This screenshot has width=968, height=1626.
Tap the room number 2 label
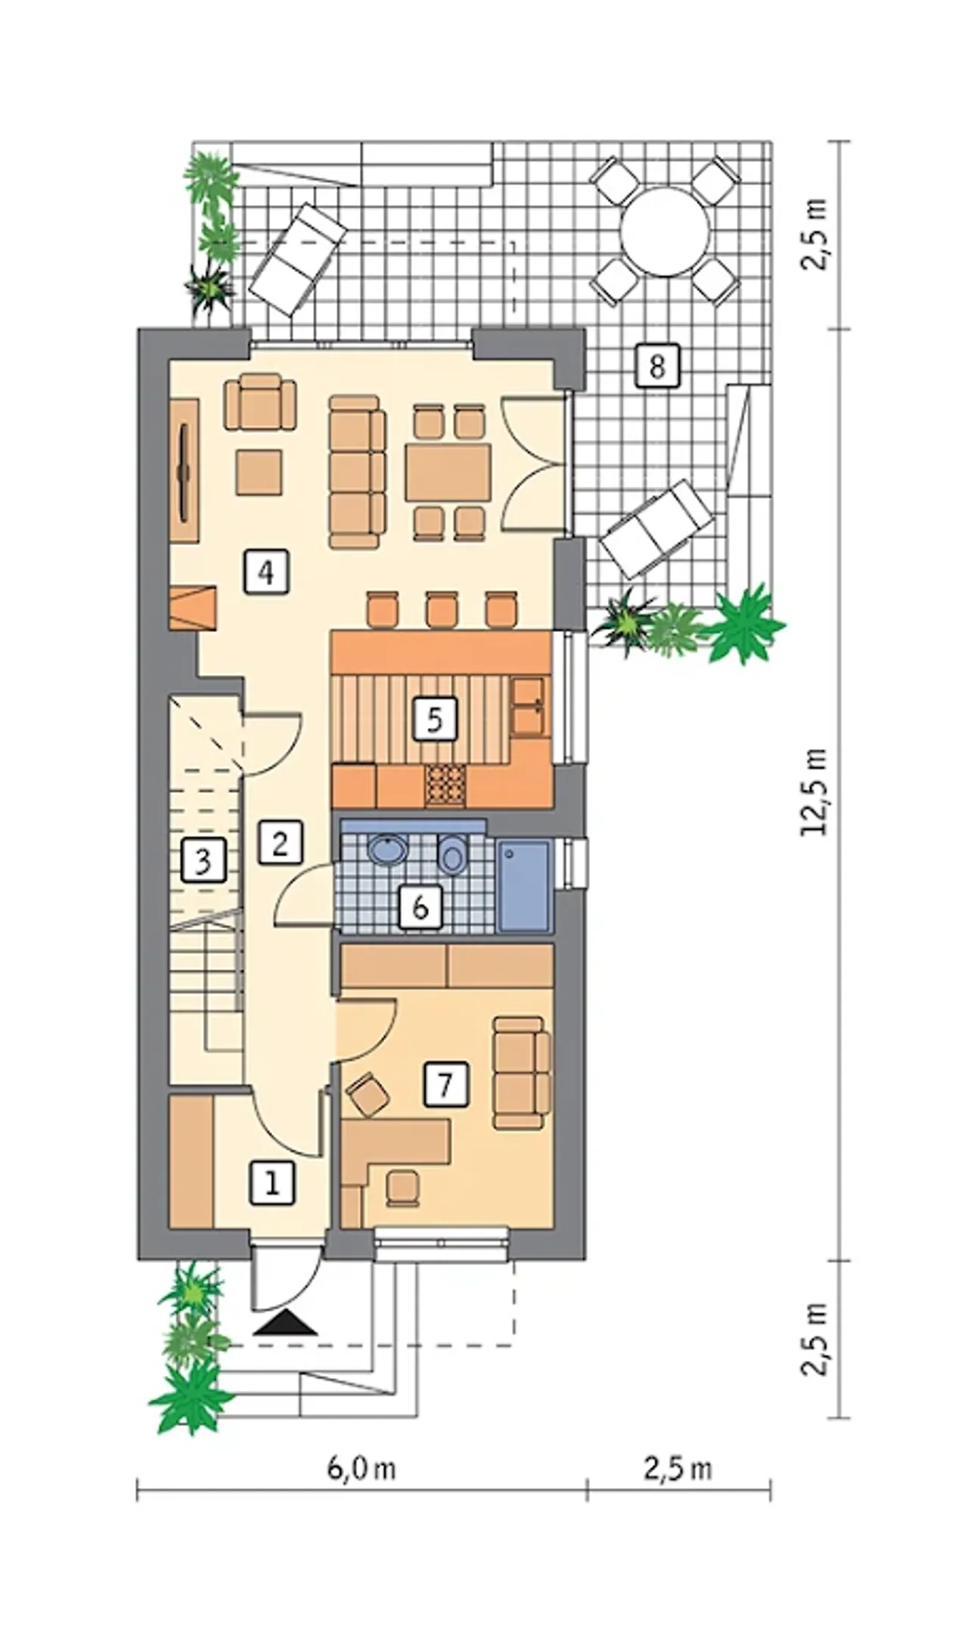[280, 841]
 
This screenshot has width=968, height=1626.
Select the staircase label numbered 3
[203, 861]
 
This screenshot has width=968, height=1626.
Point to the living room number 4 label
[265, 571]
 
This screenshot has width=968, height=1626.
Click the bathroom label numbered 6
[420, 906]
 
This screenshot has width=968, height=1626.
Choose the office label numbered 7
[445, 1086]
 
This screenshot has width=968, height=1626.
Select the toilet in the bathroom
[452, 856]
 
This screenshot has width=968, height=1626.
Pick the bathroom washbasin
[388, 849]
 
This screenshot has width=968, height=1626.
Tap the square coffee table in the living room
[259, 472]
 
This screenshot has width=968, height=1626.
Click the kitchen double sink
[527, 706]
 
